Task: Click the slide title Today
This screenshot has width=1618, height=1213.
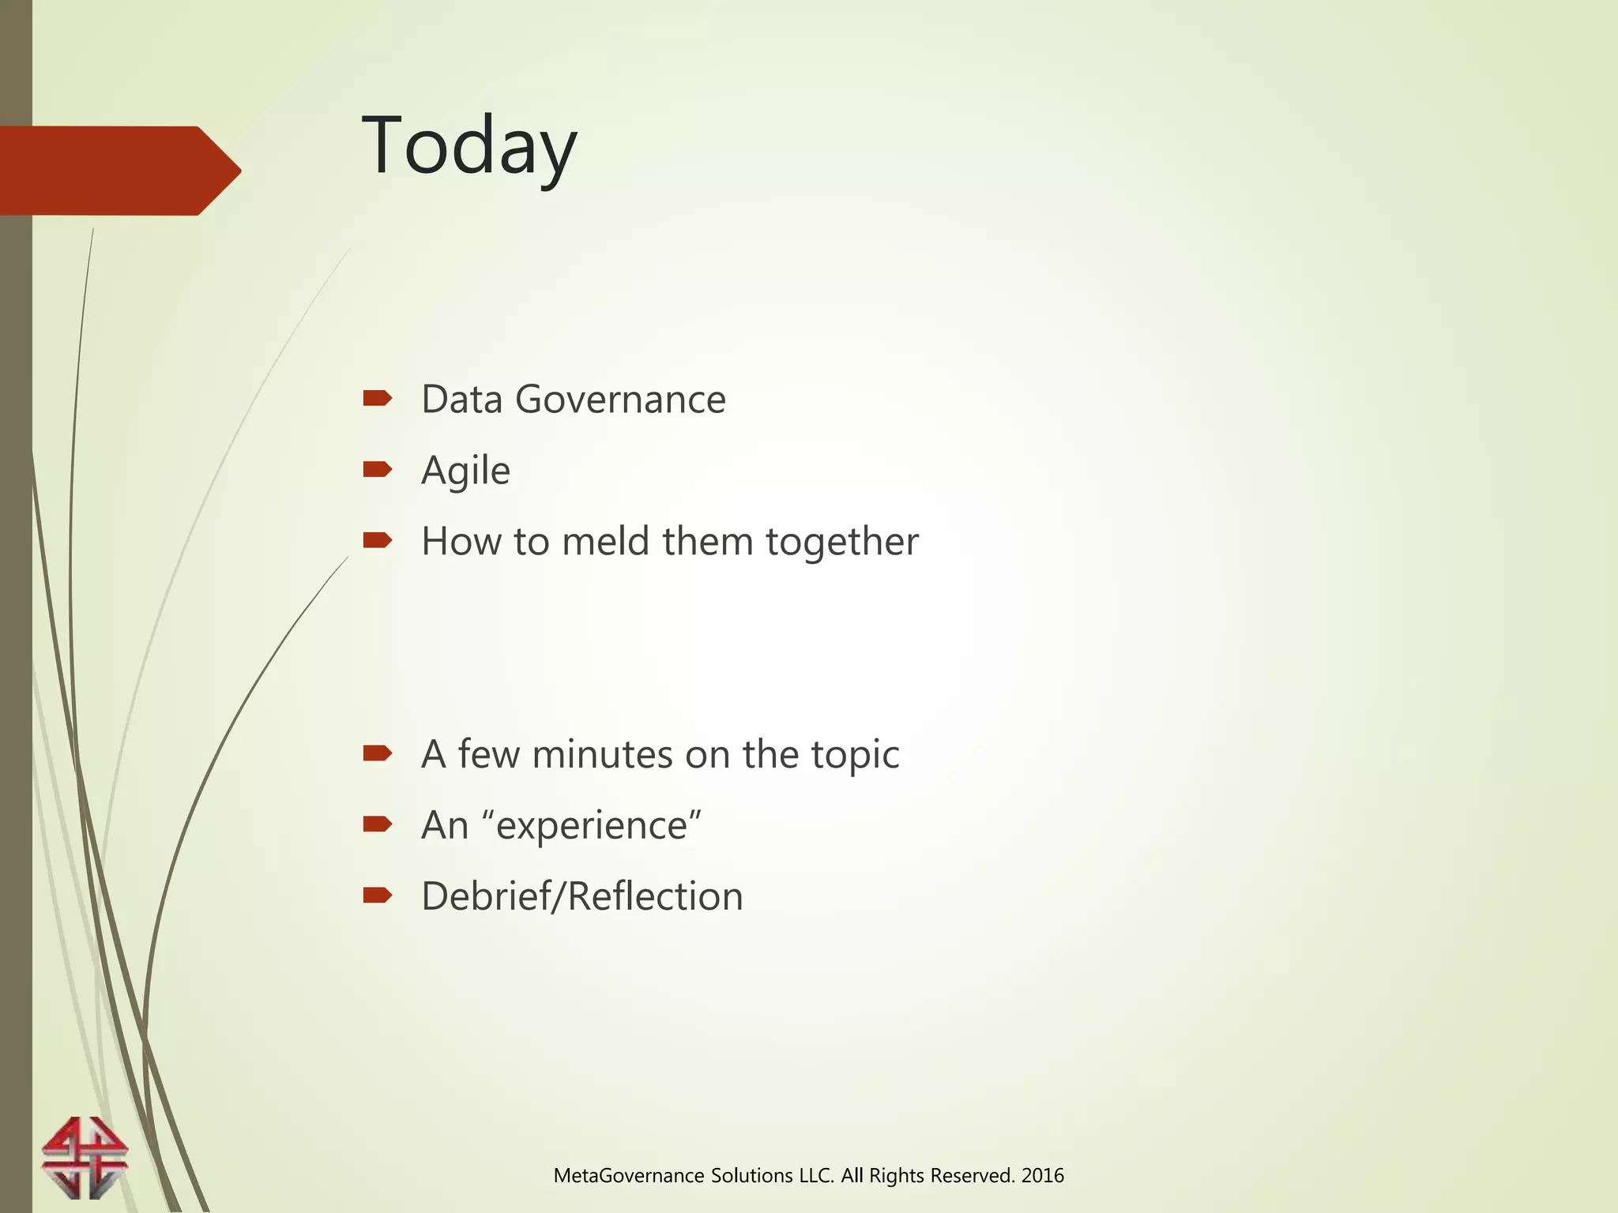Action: click(469, 147)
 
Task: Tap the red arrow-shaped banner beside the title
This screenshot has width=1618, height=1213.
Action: click(119, 171)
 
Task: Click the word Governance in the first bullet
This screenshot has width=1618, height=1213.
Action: click(620, 399)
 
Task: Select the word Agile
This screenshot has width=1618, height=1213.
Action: click(465, 471)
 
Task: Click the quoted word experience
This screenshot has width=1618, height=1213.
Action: click(597, 826)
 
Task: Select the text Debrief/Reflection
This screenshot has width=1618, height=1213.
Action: click(582, 896)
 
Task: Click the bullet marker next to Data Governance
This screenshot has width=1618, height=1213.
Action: click(378, 398)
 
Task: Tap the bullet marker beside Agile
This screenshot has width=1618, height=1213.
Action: click(378, 470)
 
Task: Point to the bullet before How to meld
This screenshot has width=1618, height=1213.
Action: click(378, 540)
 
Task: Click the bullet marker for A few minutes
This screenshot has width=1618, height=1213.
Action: click(378, 753)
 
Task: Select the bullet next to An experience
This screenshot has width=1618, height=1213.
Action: click(378, 824)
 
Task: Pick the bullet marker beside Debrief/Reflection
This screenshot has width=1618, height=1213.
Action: click(378, 895)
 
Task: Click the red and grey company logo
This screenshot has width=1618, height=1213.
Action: click(85, 1157)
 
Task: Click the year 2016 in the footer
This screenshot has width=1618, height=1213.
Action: click(1042, 1176)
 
